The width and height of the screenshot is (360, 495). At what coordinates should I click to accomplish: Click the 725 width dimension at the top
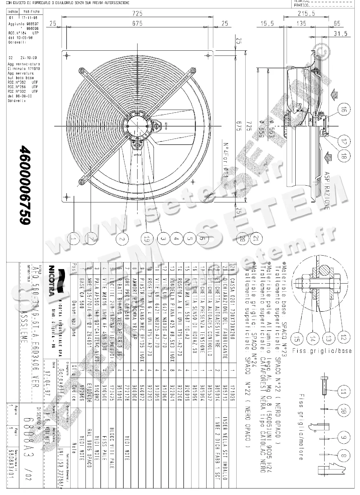tap(137, 13)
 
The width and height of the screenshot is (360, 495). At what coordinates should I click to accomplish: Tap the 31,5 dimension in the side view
tap(340, 34)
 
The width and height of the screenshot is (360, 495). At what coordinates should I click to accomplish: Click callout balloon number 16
tap(344, 110)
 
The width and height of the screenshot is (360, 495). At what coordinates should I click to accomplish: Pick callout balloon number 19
tap(147, 239)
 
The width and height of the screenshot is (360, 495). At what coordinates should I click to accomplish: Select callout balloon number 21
tap(256, 239)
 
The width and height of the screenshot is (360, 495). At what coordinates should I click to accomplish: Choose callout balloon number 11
tap(343, 391)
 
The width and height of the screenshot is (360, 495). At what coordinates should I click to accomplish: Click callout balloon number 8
tap(343, 456)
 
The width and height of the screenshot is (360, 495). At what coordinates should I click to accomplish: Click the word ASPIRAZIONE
tap(327, 190)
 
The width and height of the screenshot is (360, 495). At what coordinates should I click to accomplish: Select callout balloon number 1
tap(74, 239)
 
